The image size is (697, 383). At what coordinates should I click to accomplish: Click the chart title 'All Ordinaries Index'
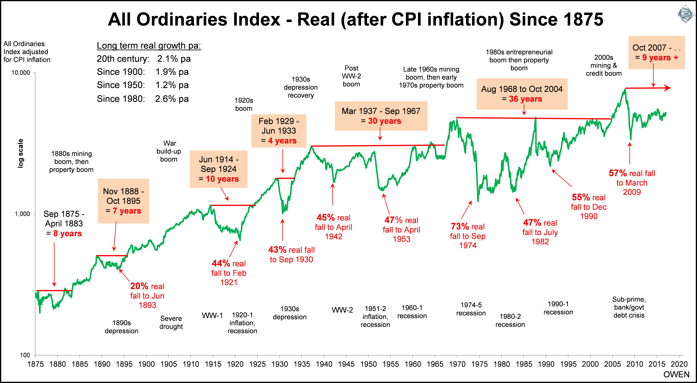point(355,19)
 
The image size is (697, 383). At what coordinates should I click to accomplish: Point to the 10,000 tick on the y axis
point(21,73)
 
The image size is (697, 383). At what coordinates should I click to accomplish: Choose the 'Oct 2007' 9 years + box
point(656,52)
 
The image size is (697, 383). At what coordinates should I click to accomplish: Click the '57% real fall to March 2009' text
point(632,183)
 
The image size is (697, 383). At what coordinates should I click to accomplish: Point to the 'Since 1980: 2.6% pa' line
point(143,99)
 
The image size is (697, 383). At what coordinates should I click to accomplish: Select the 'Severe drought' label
point(171,322)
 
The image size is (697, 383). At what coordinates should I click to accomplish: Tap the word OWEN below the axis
point(676,375)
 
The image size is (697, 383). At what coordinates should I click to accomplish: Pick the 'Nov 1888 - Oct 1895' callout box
point(123,201)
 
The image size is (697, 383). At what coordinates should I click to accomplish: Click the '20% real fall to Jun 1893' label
point(147,296)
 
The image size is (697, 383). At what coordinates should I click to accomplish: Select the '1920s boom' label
point(244,104)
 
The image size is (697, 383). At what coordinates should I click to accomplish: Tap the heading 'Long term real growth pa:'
point(149,45)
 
